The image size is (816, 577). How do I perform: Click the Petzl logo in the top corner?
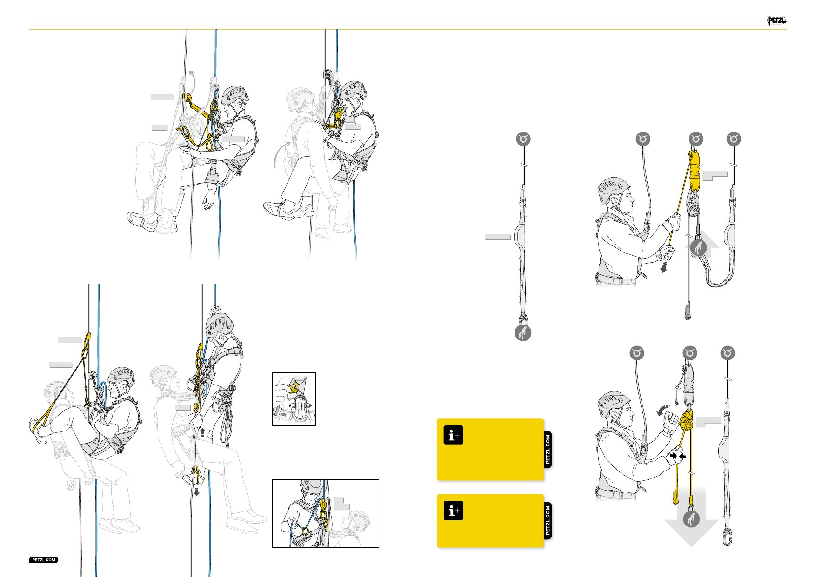(x=776, y=20)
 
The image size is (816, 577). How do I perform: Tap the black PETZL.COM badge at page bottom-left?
(x=44, y=560)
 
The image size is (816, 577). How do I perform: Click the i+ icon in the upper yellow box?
(x=453, y=436)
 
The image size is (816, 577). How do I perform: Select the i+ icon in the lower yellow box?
(x=453, y=511)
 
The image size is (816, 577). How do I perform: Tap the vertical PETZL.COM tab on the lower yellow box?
(x=548, y=521)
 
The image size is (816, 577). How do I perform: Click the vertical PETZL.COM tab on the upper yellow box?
(x=548, y=449)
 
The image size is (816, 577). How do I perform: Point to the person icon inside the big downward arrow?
(x=691, y=519)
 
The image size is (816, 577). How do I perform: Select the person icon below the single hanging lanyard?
(x=523, y=333)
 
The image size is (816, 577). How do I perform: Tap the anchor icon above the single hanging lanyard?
(x=523, y=139)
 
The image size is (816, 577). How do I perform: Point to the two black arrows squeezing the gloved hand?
(x=678, y=456)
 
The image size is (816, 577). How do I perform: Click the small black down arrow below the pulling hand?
(x=664, y=267)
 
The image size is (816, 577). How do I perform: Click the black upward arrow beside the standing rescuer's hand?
(x=203, y=433)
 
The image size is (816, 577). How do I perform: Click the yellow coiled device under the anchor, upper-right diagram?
(x=694, y=170)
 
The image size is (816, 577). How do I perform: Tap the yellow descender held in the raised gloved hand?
(x=686, y=420)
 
